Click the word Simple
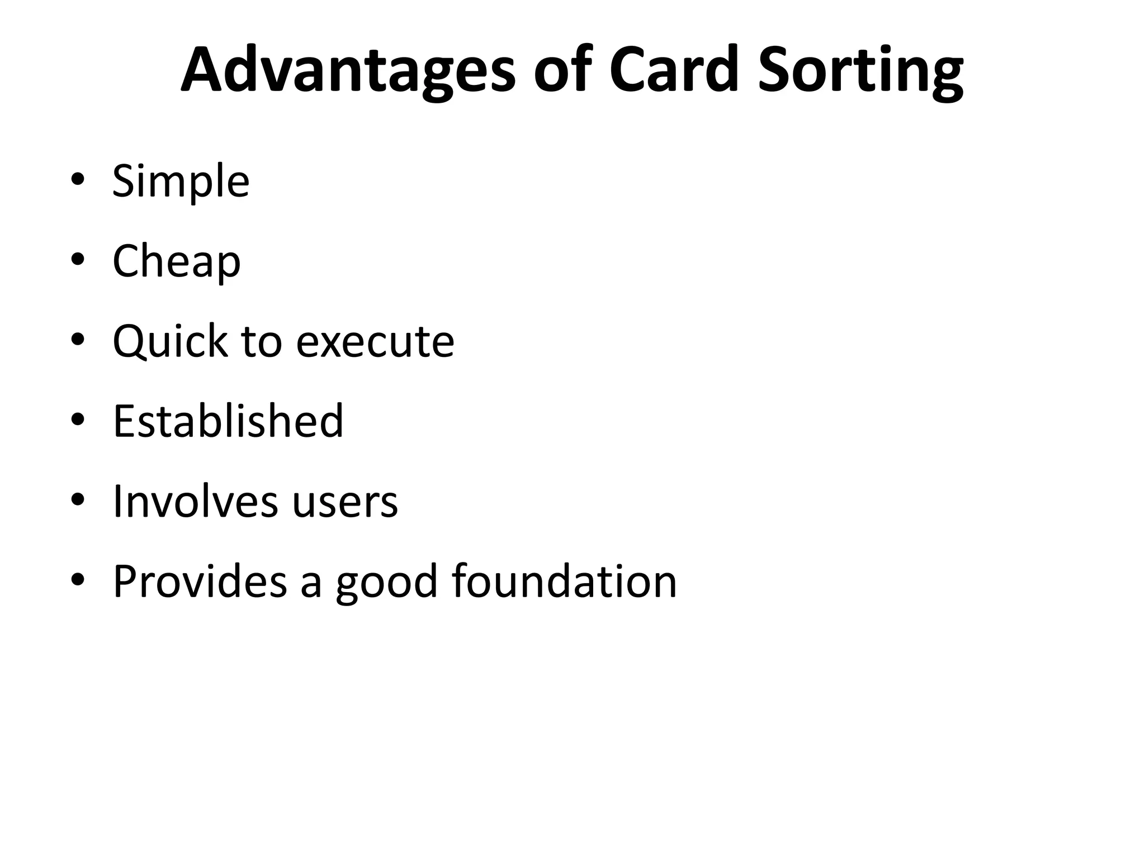click(181, 182)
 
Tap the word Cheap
click(177, 261)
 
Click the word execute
click(375, 341)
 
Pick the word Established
click(228, 421)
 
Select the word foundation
click(565, 581)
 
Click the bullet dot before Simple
click(78, 180)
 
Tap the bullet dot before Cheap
click(78, 260)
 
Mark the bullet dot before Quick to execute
click(78, 340)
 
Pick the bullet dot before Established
click(78, 420)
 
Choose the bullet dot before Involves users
click(78, 499)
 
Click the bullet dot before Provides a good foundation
click(78, 580)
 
